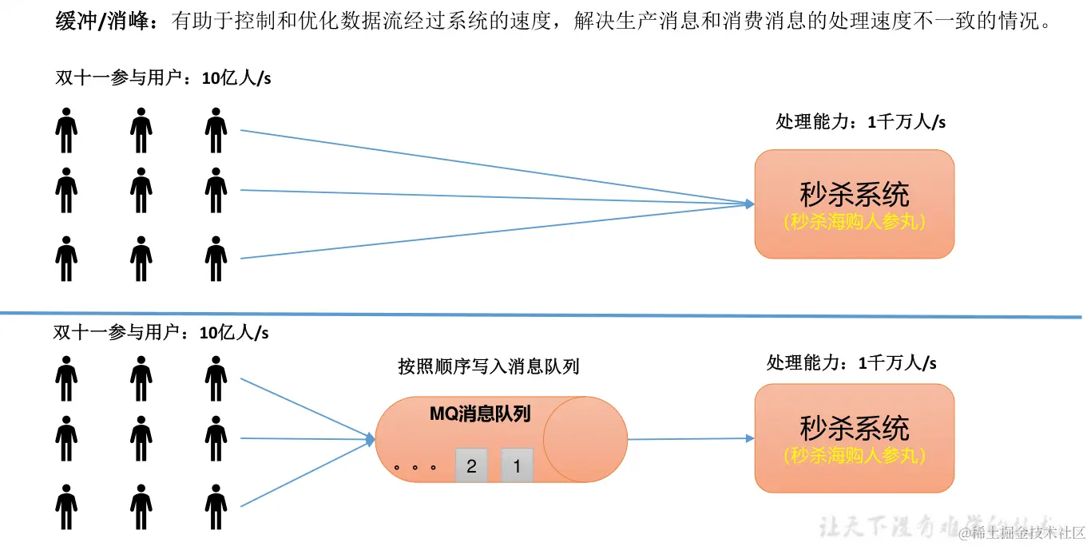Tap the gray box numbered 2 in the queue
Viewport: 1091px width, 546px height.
coord(471,466)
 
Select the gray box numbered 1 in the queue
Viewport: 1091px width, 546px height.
coord(517,466)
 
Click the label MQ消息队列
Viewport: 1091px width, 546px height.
coord(480,413)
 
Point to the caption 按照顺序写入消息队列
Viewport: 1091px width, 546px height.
coord(488,366)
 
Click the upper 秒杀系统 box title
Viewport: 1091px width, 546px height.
coord(854,194)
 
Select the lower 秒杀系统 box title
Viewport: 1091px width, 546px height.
coord(854,429)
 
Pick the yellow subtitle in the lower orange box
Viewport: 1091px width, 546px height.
coord(854,456)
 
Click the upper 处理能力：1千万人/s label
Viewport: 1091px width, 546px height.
coord(861,122)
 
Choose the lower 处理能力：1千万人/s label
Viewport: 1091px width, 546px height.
coord(851,363)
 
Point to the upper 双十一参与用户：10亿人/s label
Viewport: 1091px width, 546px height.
coord(163,78)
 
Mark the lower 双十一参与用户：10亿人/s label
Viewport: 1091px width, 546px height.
coord(161,332)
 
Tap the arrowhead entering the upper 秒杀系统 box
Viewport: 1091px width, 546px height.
coord(748,204)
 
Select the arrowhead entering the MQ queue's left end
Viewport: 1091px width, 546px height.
coord(370,439)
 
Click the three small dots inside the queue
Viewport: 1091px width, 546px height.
coord(415,467)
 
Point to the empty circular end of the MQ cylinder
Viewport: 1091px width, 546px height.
coord(585,440)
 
